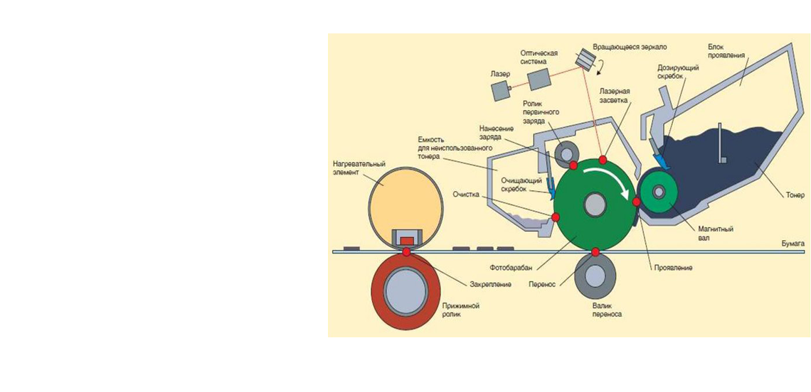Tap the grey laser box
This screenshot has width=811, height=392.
501,89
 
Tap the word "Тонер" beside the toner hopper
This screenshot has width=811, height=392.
795,195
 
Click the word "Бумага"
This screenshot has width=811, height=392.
792,244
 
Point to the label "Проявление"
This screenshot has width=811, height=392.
673,268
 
